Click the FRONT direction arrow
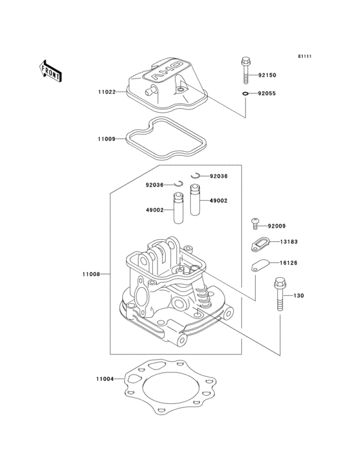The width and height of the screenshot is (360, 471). coord(51,71)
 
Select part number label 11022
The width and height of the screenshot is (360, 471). coord(107,93)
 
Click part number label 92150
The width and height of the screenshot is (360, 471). coord(267,75)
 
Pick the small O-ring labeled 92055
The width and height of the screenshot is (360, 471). coord(247,94)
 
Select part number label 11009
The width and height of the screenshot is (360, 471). coord(107,139)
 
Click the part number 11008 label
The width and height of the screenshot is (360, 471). coord(91,275)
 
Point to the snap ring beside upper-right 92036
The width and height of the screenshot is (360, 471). coord(198,175)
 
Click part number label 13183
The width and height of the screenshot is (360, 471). coord(287,242)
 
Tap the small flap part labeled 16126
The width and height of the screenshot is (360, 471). coord(259,264)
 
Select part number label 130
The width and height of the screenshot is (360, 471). coord(298,296)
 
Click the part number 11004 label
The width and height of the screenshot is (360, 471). coord(104,380)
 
